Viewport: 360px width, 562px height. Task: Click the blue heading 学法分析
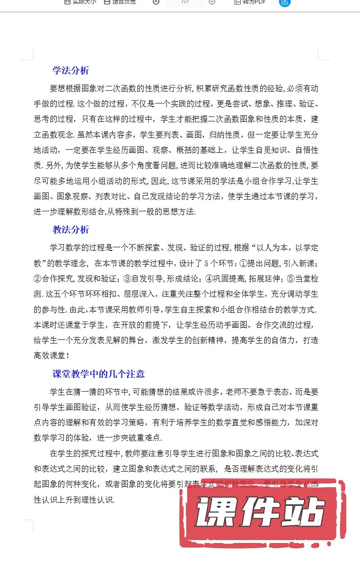coord(71,71)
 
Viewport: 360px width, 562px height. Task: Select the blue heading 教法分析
coord(71,230)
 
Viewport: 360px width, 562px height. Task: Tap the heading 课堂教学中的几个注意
coord(99,375)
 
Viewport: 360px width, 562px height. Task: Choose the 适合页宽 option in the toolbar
coord(120,2)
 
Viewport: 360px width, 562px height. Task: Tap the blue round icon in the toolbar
coord(284,2)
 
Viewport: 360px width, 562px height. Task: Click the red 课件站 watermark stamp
coord(260,514)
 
